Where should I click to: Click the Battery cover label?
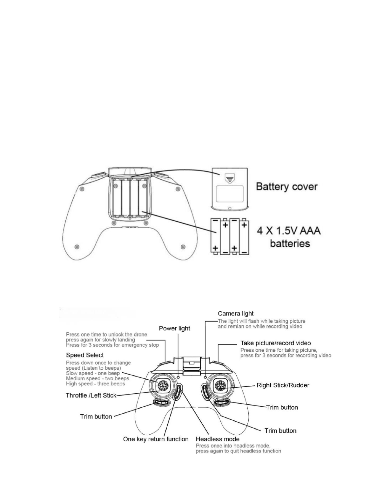[x=287, y=187]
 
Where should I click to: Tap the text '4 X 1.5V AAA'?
[x=289, y=231]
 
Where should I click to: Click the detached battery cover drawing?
[x=230, y=189]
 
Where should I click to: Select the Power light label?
[x=174, y=328]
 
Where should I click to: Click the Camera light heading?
[x=236, y=314]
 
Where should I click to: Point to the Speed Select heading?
[x=85, y=355]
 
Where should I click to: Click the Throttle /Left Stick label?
[x=91, y=395]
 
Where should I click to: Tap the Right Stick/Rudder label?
[x=283, y=385]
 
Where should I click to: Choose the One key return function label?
[x=156, y=439]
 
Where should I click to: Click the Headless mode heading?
[x=218, y=439]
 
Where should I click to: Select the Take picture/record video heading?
[x=276, y=343]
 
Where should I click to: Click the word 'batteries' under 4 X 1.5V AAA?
[x=290, y=244]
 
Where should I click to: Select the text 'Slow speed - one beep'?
[x=93, y=373]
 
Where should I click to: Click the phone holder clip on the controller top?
[x=191, y=365]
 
